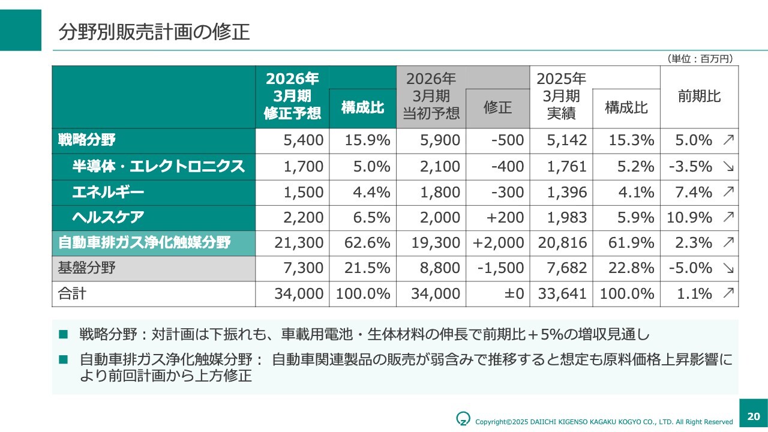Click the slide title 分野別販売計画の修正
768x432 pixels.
154,32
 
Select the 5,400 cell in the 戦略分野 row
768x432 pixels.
304,140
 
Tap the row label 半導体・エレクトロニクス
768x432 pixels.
158,166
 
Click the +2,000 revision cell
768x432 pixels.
499,243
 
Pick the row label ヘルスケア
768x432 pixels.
108,217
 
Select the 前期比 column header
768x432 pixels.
699,96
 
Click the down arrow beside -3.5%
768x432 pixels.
728,167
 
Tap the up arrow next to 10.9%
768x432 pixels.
728,217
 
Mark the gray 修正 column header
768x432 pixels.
497,107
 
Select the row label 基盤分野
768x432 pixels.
86,268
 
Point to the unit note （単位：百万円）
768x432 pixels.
700,58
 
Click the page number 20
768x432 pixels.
754,416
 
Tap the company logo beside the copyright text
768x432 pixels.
463,418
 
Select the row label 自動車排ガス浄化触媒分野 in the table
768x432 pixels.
145,243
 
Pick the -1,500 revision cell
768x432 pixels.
500,268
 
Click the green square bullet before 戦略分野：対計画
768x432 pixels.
64,334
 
